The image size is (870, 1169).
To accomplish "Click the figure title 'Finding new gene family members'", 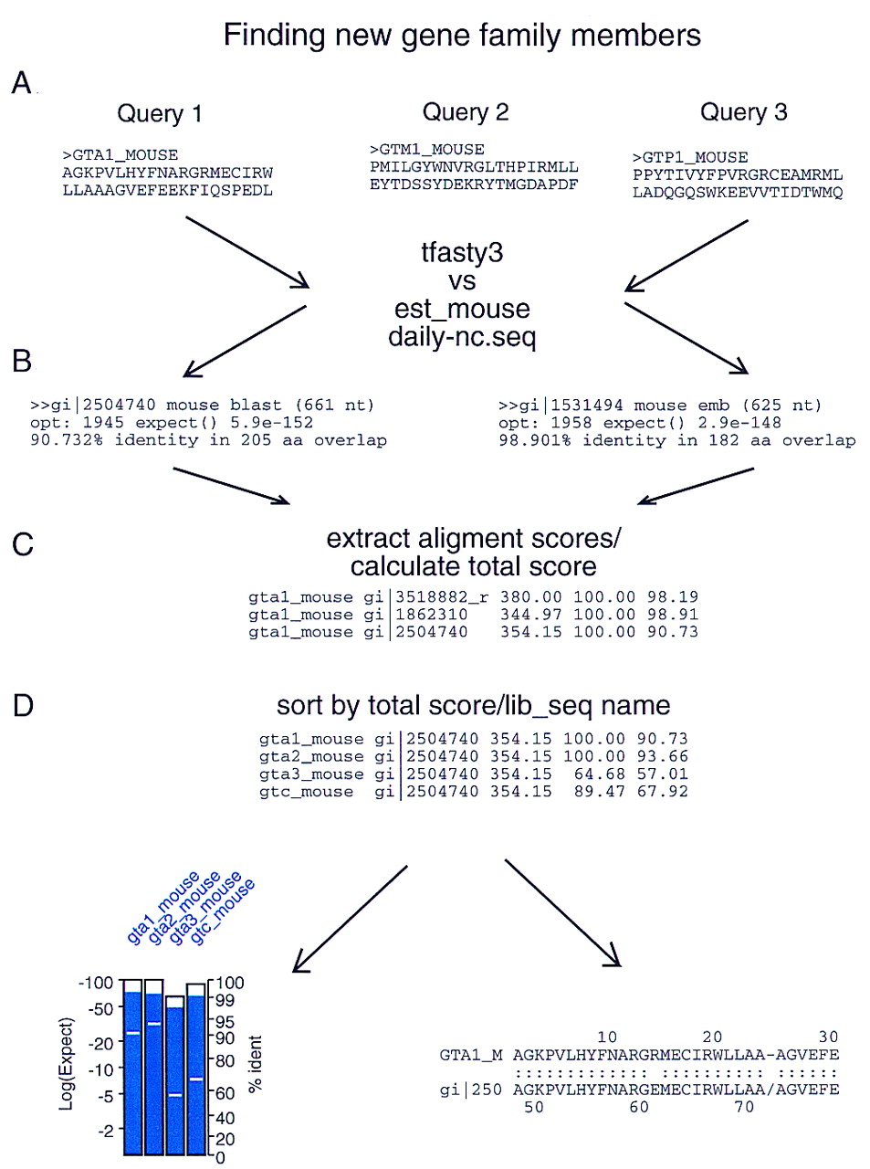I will tap(462, 36).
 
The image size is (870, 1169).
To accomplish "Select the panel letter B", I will tap(22, 362).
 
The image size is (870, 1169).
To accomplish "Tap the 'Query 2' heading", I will tap(465, 112).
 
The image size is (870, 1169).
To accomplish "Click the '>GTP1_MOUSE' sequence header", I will tap(690, 157).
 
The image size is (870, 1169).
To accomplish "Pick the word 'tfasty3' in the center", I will tap(461, 253).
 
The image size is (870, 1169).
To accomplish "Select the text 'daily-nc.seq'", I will tap(461, 337).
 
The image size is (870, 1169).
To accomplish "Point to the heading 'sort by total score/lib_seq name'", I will tap(473, 706).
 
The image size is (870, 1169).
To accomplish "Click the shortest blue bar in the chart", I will tap(174, 1078).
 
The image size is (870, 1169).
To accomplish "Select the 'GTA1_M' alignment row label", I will tap(471, 1055).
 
